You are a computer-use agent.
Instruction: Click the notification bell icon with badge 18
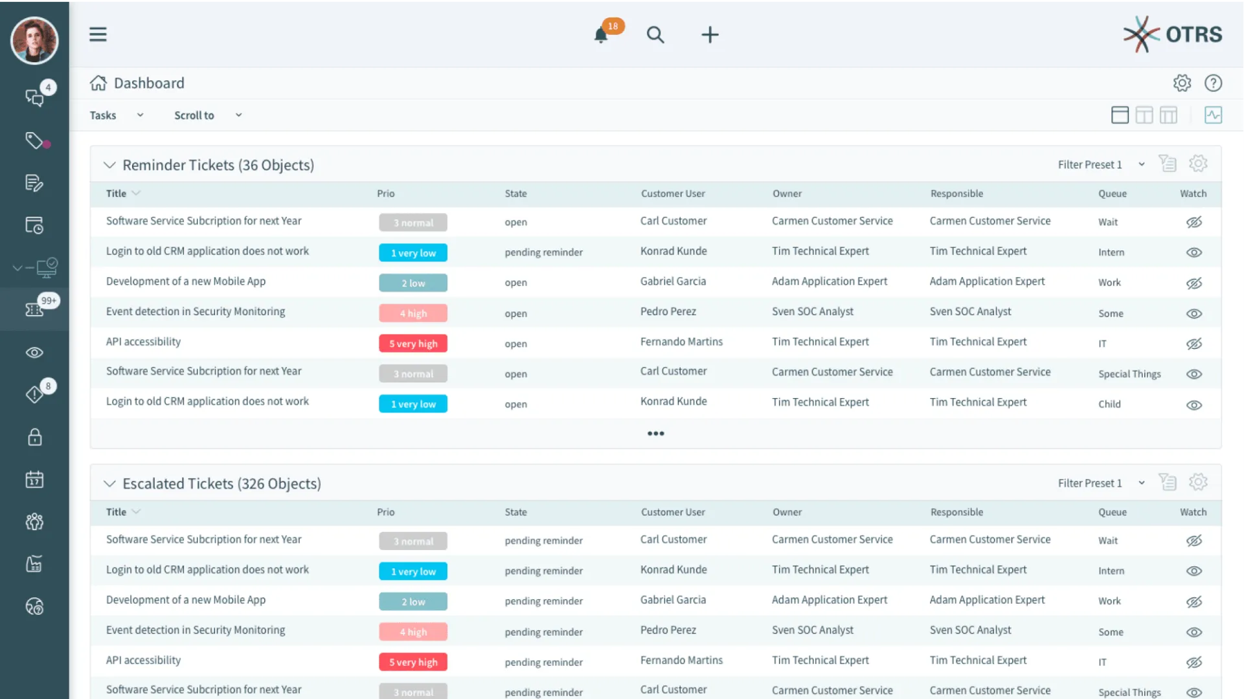602,35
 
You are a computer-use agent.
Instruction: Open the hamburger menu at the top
98,34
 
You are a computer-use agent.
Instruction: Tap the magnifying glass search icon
655,35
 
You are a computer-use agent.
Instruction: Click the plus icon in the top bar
710,35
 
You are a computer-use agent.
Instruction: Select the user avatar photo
34,40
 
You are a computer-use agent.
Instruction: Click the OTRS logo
1172,34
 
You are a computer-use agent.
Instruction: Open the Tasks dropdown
117,115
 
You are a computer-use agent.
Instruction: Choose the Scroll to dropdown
207,115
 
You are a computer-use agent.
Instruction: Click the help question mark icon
1213,83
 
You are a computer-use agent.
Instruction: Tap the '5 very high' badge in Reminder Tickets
413,344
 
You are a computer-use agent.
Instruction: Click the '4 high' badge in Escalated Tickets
413,632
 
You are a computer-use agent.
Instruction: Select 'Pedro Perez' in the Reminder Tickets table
668,312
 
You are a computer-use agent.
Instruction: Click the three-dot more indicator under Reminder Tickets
655,434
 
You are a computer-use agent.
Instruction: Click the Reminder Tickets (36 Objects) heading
218,165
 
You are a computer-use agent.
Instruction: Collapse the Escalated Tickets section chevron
109,483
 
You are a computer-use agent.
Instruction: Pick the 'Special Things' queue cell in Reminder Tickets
1129,374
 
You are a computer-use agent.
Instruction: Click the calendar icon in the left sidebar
34,480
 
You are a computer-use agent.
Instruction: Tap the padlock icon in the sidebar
34,438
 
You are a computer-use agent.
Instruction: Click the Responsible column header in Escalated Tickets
956,512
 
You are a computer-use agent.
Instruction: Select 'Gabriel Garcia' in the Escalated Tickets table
673,600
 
